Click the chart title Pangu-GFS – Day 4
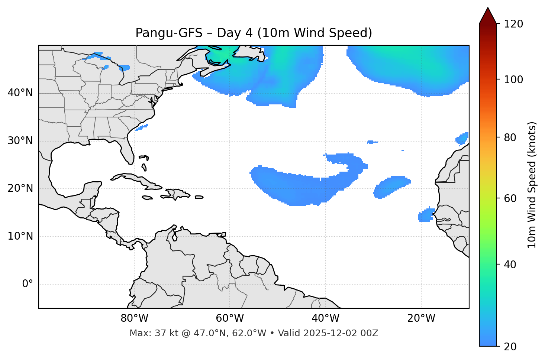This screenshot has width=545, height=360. point(254,33)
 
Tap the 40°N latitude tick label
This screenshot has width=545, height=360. point(20,93)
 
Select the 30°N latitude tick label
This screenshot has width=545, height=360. point(20,141)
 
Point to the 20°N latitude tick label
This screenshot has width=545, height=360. point(20,188)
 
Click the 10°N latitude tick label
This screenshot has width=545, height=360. point(20,236)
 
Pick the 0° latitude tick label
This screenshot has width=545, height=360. point(27,284)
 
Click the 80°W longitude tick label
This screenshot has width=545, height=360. point(134,318)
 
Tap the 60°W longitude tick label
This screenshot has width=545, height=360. point(230,318)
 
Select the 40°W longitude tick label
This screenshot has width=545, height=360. point(325,318)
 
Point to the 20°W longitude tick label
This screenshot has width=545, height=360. point(421,318)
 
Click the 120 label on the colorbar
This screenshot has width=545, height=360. point(513,24)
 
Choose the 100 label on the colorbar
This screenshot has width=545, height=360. point(513,80)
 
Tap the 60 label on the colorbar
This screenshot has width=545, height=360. point(511,198)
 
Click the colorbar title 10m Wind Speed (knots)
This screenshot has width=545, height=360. point(532,185)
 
